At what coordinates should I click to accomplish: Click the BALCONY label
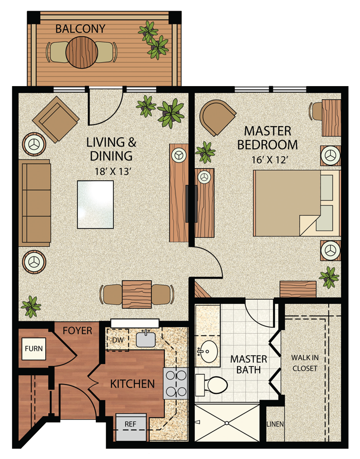pos(80,28)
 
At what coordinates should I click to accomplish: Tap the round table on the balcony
pos(81,52)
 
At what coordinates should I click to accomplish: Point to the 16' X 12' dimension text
pos(271,158)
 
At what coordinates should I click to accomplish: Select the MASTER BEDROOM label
pos(271,138)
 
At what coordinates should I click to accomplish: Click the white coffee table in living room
pos(95,205)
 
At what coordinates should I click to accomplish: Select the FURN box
pos(34,349)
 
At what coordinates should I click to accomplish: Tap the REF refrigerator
pos(130,423)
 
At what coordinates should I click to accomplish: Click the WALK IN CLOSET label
pos(305,363)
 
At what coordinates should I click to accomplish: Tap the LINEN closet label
pos(275,424)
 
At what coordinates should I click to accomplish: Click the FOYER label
pos(77,331)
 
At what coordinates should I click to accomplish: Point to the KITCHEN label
pos(132,384)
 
